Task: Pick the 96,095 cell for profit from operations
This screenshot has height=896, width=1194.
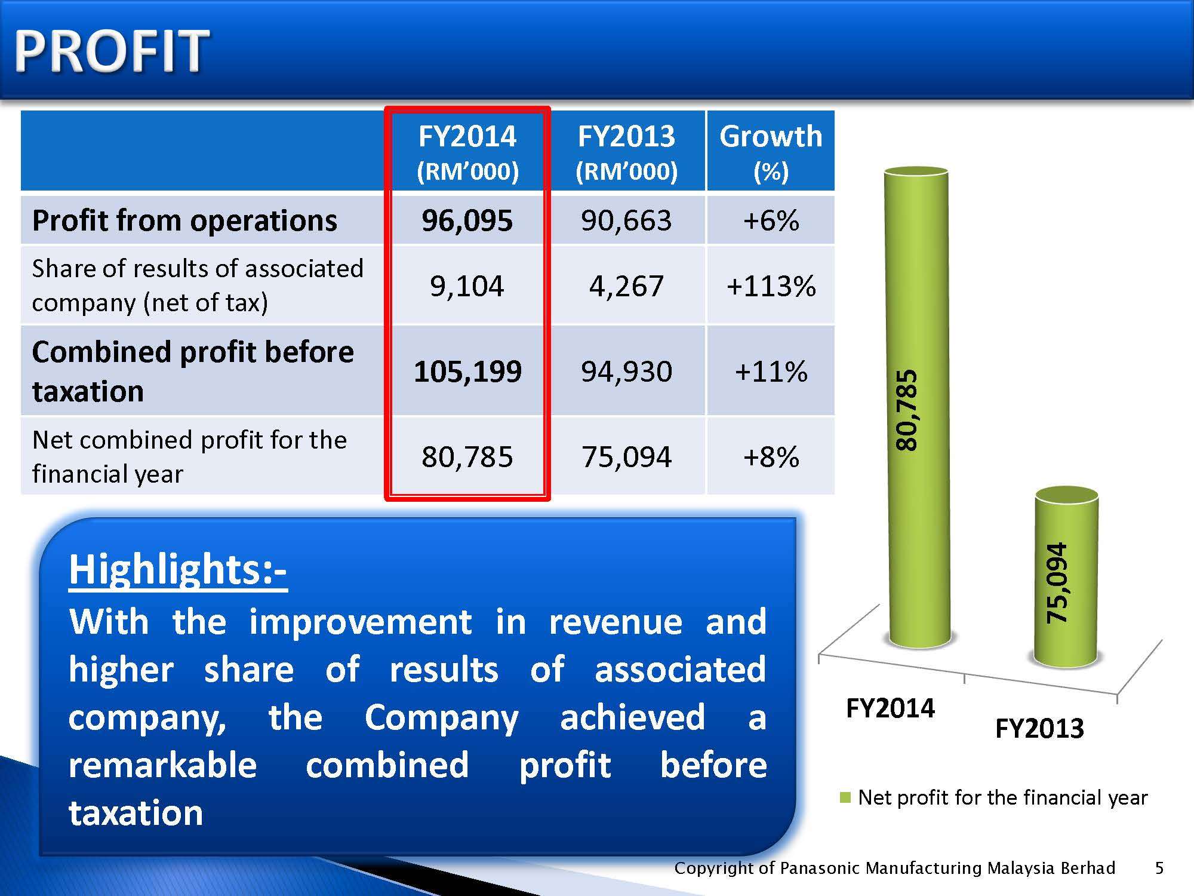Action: (x=467, y=220)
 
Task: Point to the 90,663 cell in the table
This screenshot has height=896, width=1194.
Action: (x=627, y=220)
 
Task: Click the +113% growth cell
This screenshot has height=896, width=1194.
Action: (x=771, y=286)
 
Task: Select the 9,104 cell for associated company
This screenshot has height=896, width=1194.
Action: (x=467, y=286)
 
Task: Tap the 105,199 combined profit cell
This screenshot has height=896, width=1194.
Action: (x=467, y=372)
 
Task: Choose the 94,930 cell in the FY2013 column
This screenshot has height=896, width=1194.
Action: (x=627, y=372)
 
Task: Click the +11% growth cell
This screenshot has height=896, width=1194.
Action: (x=771, y=372)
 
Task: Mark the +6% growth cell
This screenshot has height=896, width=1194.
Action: (x=771, y=220)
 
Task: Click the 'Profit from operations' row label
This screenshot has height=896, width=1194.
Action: (x=184, y=220)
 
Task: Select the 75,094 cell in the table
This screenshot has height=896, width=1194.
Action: (x=627, y=457)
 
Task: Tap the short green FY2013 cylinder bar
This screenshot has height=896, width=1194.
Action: (x=1066, y=576)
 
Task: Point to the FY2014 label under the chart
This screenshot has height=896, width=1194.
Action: (x=890, y=708)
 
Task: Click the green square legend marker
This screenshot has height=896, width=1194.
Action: (x=845, y=797)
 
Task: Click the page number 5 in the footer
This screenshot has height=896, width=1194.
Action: (x=1159, y=868)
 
